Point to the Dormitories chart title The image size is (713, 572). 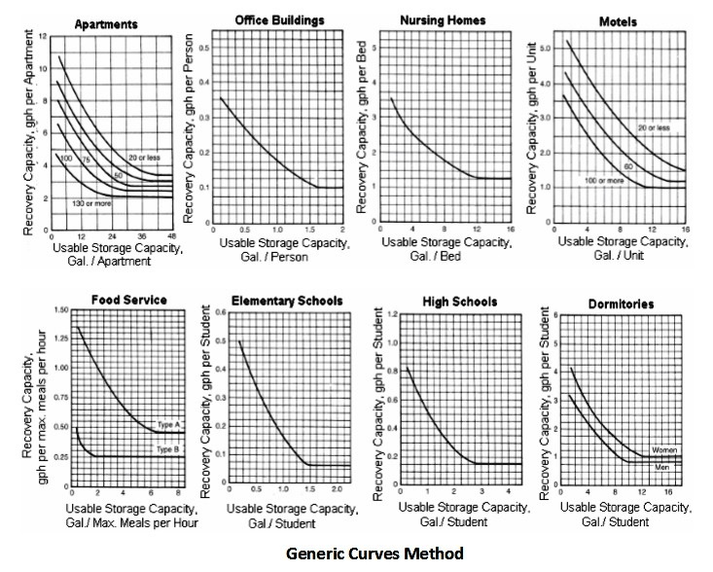click(620, 304)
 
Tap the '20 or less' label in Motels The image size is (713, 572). click(653, 128)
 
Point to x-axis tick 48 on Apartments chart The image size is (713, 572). click(171, 235)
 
